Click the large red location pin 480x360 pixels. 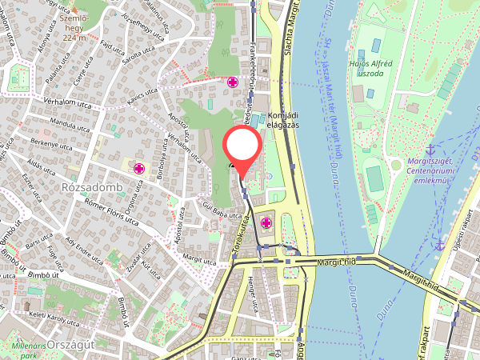click(x=242, y=147)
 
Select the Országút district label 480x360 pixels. click(x=71, y=344)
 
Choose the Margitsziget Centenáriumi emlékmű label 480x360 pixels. click(x=430, y=163)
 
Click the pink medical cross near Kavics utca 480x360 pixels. click(x=233, y=82)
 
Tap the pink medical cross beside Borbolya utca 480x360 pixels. click(x=139, y=169)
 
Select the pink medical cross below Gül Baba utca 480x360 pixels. click(x=266, y=223)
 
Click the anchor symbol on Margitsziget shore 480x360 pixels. click(x=430, y=150)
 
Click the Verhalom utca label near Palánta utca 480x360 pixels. click(x=45, y=104)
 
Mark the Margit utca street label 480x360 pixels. click(x=199, y=260)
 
